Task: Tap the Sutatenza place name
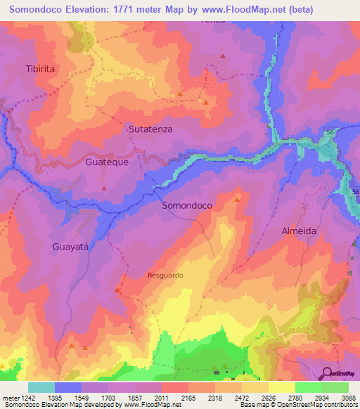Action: pos(150,129)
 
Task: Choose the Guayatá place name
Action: pos(72,247)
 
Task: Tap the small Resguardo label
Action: pos(165,275)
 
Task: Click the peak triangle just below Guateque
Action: pos(105,188)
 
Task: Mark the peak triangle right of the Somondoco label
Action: pos(237,200)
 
